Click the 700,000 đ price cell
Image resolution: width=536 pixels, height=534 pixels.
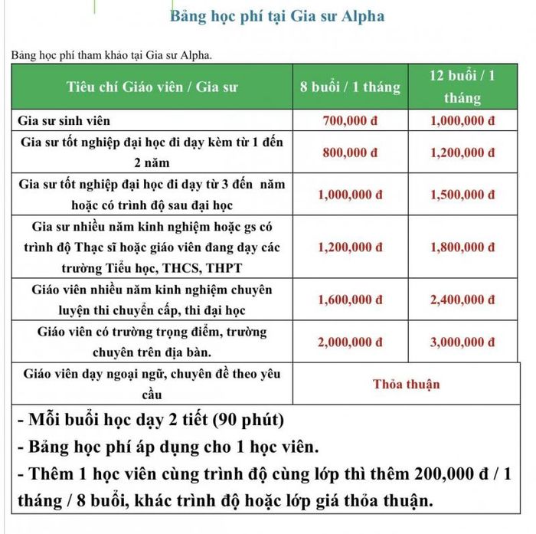coord(351,121)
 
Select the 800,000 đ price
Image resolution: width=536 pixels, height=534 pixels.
coord(351,152)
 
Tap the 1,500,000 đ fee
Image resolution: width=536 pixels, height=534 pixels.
coord(463,195)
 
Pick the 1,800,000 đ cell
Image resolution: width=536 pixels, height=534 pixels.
coord(463,247)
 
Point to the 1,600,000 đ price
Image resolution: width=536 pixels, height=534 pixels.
coord(351,301)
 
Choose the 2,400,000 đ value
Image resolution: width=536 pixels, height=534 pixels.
coord(463,301)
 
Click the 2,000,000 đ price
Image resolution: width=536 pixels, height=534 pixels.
coord(351,342)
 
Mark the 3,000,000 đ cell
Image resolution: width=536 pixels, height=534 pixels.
coord(463,342)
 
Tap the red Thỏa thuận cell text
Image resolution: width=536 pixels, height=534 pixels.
coord(407,384)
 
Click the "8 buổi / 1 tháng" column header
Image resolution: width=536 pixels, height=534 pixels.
coord(351,87)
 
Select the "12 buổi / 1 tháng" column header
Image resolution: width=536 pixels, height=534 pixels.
coord(462,87)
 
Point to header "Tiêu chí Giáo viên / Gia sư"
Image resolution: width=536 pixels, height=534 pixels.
coord(152,87)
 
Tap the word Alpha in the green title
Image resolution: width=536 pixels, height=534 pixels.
coord(359,16)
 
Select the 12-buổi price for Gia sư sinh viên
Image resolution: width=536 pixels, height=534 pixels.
coord(463,121)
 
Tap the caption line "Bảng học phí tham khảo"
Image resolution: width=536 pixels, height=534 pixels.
coord(107,55)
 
